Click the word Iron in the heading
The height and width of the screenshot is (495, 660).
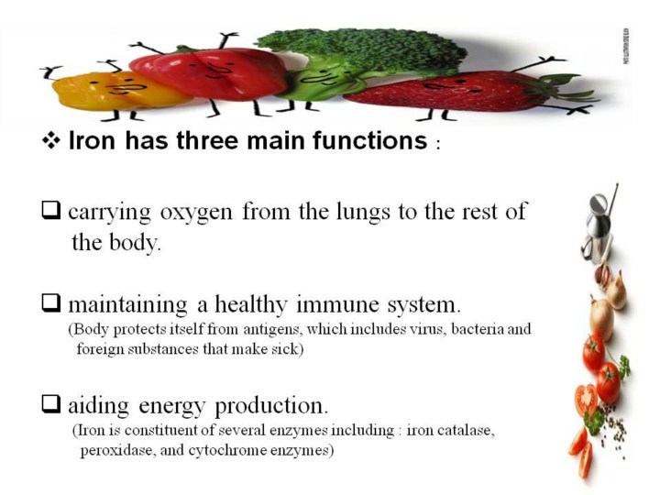coord(92,140)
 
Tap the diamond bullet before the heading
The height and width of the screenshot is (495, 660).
coord(50,140)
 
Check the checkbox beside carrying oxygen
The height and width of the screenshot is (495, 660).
coord(50,211)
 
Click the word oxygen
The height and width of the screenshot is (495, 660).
coord(196,213)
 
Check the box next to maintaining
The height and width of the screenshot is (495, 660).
coord(50,303)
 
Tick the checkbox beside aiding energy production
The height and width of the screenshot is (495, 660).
coord(50,404)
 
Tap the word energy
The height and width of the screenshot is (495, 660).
coord(171,407)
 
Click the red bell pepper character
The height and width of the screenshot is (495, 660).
coord(208,73)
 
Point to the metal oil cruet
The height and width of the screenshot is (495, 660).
coord(598,225)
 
